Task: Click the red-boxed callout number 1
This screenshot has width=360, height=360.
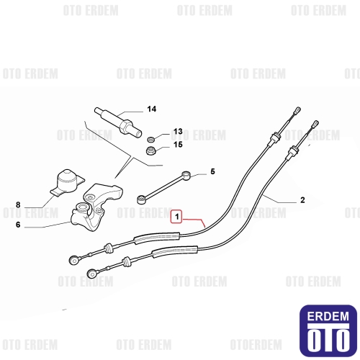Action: [177, 217]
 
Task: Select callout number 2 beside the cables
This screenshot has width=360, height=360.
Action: [302, 200]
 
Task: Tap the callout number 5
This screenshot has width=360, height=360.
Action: [212, 171]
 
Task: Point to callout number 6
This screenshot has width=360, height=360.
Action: [18, 225]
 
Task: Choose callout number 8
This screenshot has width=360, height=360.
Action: [18, 205]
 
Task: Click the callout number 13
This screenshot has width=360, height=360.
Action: [178, 132]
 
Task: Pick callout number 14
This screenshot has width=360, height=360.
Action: [152, 109]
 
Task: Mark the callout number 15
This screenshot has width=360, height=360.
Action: [178, 145]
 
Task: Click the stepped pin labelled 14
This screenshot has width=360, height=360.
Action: [118, 122]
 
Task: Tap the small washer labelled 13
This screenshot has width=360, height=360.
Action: [150, 139]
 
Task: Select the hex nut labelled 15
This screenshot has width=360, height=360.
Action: [151, 150]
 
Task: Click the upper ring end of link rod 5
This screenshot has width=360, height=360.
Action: [186, 175]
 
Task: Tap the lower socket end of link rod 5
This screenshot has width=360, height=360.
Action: [140, 199]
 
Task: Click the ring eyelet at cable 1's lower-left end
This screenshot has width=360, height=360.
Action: [73, 260]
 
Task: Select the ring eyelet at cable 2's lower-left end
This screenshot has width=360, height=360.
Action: [91, 273]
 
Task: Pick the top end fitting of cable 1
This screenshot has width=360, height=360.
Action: [297, 110]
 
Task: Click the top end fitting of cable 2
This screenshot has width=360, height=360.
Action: [315, 124]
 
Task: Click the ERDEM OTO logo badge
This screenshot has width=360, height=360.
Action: [328, 330]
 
